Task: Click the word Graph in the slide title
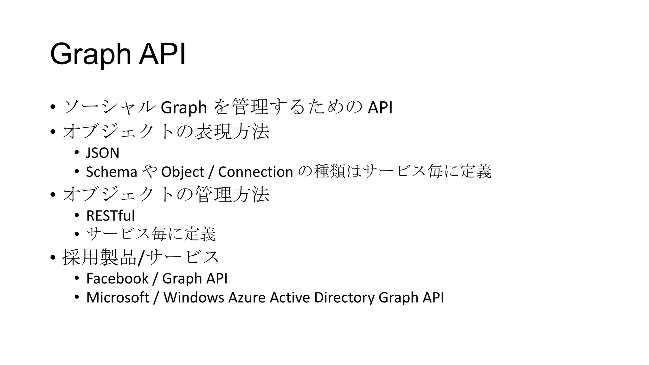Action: (91, 54)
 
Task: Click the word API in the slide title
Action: (162, 54)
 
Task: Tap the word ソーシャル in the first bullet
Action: (110, 107)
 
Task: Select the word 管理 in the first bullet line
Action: (250, 107)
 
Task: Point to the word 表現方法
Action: (232, 131)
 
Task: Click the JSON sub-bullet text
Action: (103, 153)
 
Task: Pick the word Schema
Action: (112, 172)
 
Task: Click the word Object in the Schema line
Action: (183, 172)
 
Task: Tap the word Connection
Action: (255, 172)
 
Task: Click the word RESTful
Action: (110, 216)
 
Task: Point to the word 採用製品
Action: (99, 257)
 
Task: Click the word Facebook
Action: (117, 279)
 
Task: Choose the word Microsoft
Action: (118, 298)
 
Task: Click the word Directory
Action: (344, 298)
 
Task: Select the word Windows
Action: (194, 298)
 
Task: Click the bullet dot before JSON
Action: (76, 153)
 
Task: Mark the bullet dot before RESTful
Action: (76, 216)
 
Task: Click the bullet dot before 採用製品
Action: (53, 258)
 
